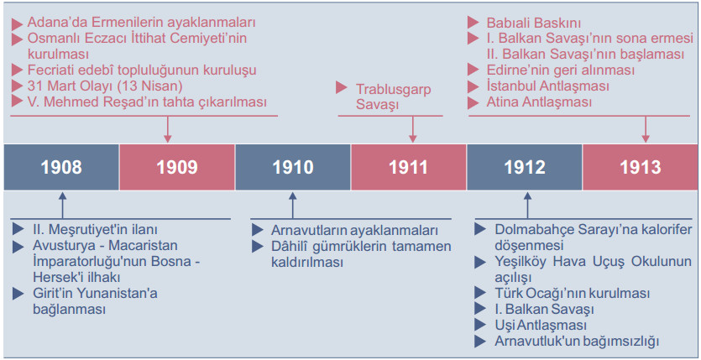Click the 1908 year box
61,166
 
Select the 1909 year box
176,166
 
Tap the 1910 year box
292,166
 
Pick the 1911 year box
409,166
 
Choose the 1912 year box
525,166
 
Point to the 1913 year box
641,166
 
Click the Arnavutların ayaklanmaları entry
354,230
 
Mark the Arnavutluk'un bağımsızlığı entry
577,341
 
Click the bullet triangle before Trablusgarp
342,87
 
